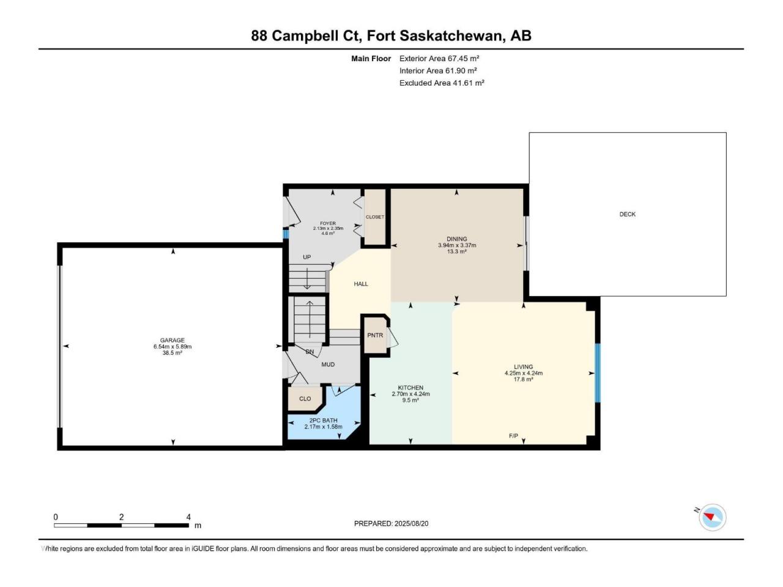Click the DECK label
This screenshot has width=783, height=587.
pyautogui.click(x=627, y=214)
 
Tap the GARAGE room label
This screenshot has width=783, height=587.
pyautogui.click(x=173, y=341)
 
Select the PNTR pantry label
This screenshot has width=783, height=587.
pyautogui.click(x=375, y=335)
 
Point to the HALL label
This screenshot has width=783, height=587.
pyautogui.click(x=361, y=284)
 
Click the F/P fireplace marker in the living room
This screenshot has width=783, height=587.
pyautogui.click(x=513, y=436)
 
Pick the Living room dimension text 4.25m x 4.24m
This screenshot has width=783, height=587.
pyautogui.click(x=523, y=373)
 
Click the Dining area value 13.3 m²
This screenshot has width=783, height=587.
pyautogui.click(x=456, y=252)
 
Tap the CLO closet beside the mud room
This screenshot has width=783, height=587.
pyautogui.click(x=305, y=399)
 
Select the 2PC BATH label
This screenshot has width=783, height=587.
pyautogui.click(x=323, y=421)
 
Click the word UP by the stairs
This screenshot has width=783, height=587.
pyautogui.click(x=307, y=257)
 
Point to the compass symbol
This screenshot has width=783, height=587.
pyautogui.click(x=712, y=517)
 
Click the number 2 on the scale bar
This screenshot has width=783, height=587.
pyautogui.click(x=121, y=517)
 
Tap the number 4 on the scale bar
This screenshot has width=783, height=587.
pyautogui.click(x=188, y=517)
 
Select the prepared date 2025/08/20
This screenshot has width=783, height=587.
pyautogui.click(x=411, y=523)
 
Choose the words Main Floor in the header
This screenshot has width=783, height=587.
pyautogui.click(x=371, y=59)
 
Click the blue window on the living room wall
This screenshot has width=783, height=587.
pyautogui.click(x=598, y=373)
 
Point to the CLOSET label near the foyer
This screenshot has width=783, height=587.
pyautogui.click(x=375, y=217)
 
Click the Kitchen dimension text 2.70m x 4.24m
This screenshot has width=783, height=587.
pyautogui.click(x=410, y=394)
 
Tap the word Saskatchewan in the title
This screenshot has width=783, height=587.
pyautogui.click(x=450, y=35)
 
